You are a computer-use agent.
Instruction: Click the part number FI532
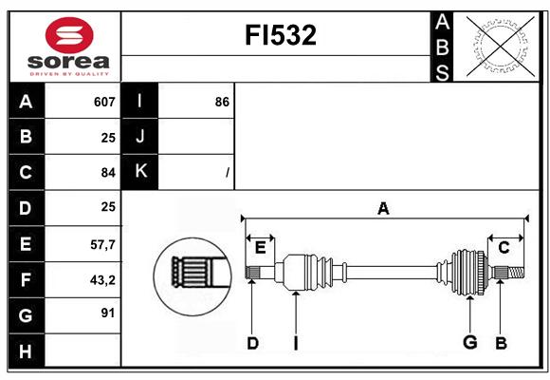click(x=281, y=35)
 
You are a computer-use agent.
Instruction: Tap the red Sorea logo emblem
click(x=69, y=35)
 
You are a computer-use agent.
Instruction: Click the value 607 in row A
click(x=104, y=102)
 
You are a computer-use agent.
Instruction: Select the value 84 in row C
click(x=108, y=173)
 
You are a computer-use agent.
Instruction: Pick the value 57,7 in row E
click(x=102, y=245)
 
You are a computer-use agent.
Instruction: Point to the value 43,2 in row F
click(x=102, y=280)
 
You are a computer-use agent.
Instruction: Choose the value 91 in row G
click(x=108, y=313)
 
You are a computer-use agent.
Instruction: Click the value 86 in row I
click(x=222, y=102)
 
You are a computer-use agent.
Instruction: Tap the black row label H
click(x=27, y=351)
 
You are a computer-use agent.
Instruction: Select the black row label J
click(x=139, y=136)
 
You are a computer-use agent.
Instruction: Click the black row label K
click(x=139, y=172)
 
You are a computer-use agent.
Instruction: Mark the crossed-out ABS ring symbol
click(x=501, y=47)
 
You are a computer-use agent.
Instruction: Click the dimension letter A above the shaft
click(x=383, y=209)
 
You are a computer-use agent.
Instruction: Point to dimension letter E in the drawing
click(x=260, y=248)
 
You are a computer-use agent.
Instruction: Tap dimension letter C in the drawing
click(x=504, y=248)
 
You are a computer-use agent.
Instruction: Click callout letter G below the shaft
click(x=470, y=342)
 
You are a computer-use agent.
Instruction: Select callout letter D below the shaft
click(x=252, y=344)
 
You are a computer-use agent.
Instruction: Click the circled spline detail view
click(x=192, y=275)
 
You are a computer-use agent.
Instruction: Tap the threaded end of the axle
click(x=516, y=272)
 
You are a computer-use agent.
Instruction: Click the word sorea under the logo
click(x=68, y=62)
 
